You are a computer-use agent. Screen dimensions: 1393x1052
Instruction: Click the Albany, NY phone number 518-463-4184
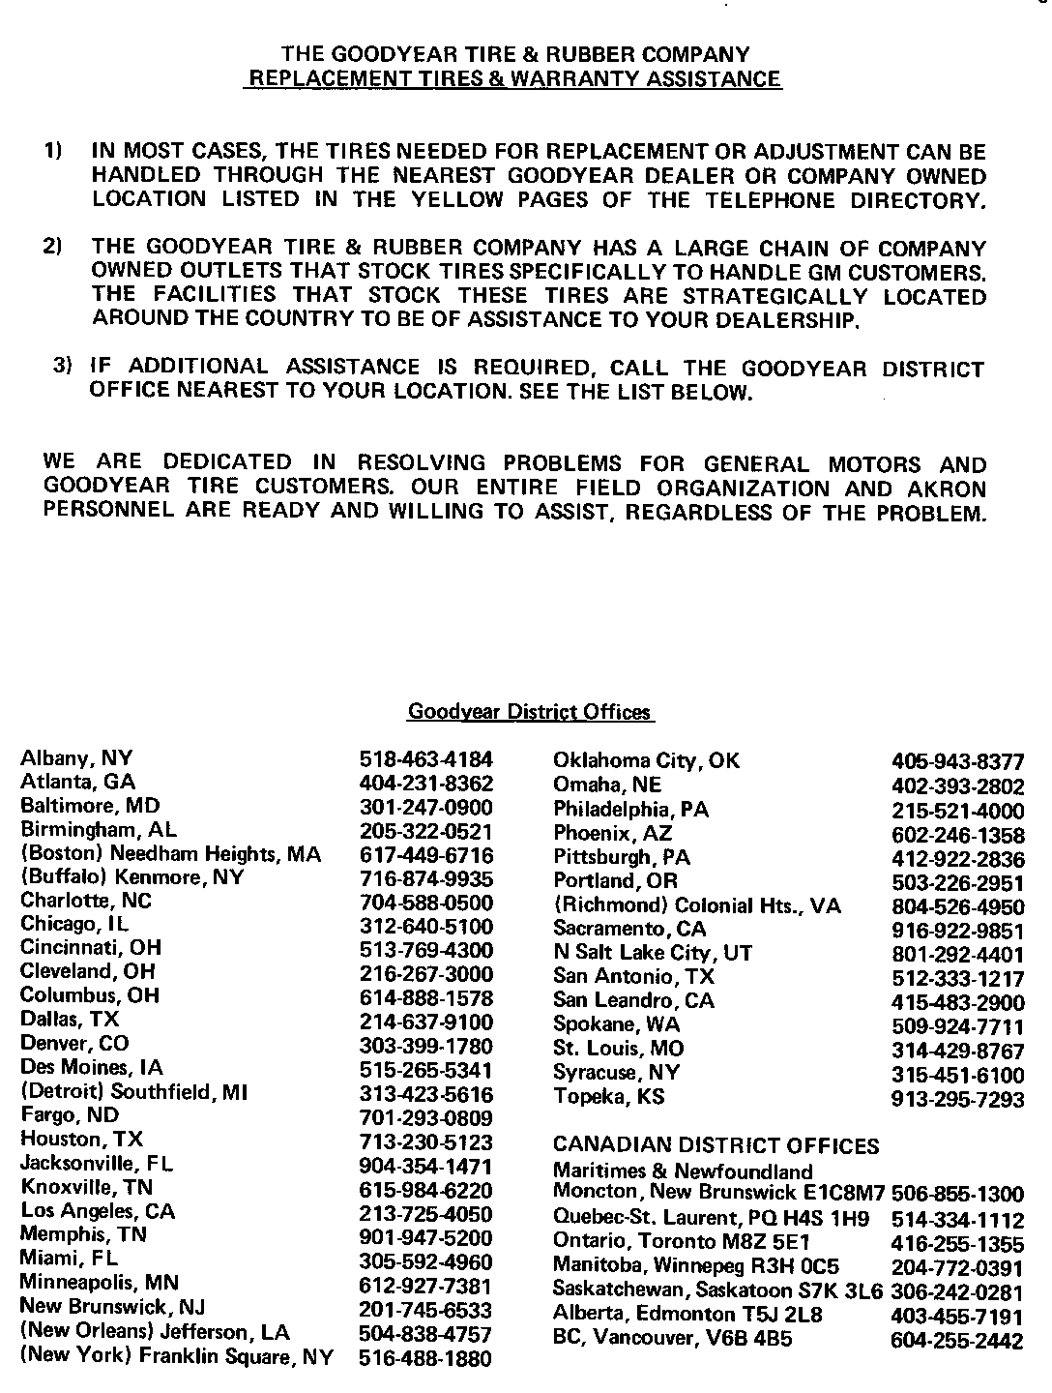click(425, 758)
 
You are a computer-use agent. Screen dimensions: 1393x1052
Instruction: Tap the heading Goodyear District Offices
click(529, 713)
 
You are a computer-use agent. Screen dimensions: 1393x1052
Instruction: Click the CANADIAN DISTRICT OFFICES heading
click(716, 1146)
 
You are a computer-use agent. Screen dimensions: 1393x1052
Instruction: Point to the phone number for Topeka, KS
click(956, 1099)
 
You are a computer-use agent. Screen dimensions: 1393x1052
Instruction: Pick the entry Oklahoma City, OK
click(646, 760)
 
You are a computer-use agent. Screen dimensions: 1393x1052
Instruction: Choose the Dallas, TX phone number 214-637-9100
click(425, 1022)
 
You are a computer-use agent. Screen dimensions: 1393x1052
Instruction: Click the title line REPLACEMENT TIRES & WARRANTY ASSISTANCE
click(513, 79)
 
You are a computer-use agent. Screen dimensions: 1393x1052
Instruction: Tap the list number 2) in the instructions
click(53, 247)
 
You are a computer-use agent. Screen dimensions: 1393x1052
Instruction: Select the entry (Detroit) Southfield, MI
click(134, 1092)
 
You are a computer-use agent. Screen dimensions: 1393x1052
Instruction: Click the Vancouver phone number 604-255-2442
click(956, 1341)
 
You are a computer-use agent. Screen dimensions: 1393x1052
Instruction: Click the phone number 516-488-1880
click(425, 1358)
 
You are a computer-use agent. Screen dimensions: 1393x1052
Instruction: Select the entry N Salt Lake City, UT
click(652, 953)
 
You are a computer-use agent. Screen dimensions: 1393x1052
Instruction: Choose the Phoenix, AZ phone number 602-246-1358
click(956, 835)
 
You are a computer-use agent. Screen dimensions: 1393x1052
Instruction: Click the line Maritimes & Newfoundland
click(683, 1171)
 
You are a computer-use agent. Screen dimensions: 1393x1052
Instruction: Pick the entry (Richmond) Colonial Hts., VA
click(696, 906)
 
